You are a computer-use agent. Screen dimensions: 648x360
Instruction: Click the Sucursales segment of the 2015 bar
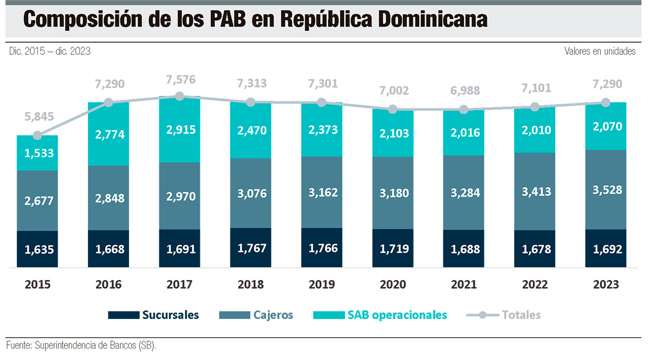coord(37,249)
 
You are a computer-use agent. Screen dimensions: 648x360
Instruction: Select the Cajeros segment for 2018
coord(251,193)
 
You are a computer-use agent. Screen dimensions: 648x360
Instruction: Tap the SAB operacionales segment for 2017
coord(179,129)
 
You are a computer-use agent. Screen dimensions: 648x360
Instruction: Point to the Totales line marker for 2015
coord(37,135)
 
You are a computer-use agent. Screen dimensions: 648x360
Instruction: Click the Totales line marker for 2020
coord(393,110)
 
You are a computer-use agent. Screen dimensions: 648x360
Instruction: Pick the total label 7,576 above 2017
coord(181,79)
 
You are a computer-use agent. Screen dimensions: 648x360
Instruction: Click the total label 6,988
coord(465,91)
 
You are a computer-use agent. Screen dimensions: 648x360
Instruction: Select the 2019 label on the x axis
coord(322,284)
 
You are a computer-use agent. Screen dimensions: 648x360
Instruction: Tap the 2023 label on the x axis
coord(606,284)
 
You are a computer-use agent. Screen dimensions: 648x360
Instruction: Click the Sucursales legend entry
coord(153,315)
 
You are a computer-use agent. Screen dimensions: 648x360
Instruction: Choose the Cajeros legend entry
coord(256,315)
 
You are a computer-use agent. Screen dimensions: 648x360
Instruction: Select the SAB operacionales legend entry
coord(380,315)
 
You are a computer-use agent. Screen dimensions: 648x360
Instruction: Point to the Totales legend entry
coord(503,315)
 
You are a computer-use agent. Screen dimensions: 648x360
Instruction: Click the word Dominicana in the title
coord(433,19)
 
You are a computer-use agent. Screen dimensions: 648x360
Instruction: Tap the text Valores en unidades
coord(600,51)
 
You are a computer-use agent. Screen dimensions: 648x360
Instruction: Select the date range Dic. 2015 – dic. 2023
coord(50,51)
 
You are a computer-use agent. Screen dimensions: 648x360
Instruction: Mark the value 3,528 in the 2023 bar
coord(607,190)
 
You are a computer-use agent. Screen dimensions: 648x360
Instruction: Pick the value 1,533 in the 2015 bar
coord(39,153)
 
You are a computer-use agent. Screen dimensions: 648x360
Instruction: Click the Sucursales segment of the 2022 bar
coord(535,249)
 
